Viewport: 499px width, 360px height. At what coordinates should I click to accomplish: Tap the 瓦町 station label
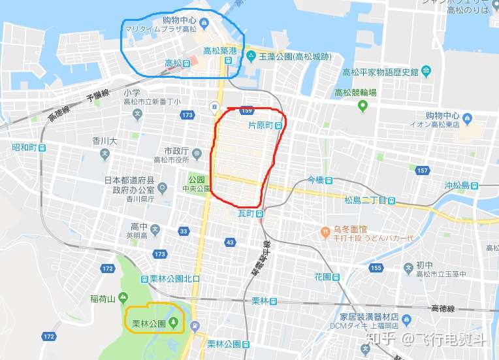[245, 214]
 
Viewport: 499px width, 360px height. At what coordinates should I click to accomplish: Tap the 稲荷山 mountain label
[103, 299]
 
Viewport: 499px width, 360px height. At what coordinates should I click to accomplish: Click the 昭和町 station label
[24, 148]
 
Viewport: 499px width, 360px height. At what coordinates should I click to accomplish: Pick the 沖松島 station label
[457, 185]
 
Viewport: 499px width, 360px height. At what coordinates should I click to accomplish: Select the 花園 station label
[323, 276]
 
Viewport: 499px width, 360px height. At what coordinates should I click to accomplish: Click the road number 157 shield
[422, 171]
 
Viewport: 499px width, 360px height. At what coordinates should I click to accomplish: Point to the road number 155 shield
[376, 268]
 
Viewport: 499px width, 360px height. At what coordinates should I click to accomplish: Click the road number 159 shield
[246, 110]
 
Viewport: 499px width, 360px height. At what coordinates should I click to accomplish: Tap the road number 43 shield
[229, 242]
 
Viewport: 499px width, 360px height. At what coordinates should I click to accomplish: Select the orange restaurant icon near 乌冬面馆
[324, 230]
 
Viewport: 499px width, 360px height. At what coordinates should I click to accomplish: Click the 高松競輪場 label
[355, 93]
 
